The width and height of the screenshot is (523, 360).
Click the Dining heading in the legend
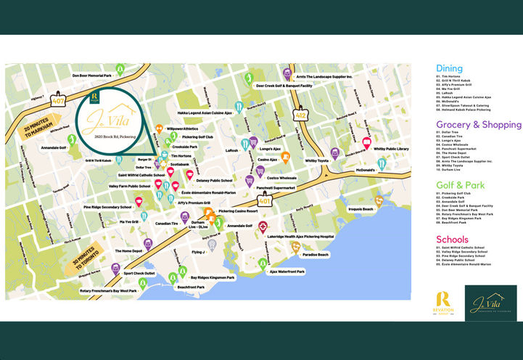pyautogui.click(x=449, y=68)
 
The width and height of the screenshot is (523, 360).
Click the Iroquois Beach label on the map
pyautogui.click(x=361, y=209)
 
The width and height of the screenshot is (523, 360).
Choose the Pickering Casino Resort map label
pyautogui.click(x=238, y=211)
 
